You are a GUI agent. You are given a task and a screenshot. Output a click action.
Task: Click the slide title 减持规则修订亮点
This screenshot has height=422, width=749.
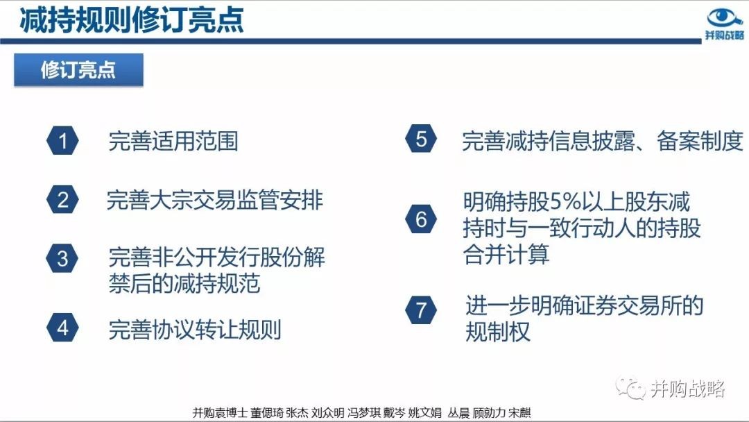pyautogui.click(x=132, y=20)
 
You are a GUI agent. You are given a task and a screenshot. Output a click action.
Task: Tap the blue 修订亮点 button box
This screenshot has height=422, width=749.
pyautogui.click(x=78, y=70)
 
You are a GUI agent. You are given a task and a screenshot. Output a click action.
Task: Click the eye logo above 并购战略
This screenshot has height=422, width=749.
pyautogui.click(x=725, y=17)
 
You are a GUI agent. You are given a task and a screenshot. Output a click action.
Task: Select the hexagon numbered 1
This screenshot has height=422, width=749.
pyautogui.click(x=62, y=140)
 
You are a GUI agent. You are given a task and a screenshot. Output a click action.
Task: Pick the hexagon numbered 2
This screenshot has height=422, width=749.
pyautogui.click(x=62, y=199)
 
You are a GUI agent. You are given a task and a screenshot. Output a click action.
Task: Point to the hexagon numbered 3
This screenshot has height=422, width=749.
pyautogui.click(x=62, y=259)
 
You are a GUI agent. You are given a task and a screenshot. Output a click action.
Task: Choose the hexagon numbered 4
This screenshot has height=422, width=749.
pyautogui.click(x=62, y=328)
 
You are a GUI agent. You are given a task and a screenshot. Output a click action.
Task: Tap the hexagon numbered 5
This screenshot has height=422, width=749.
pyautogui.click(x=421, y=139)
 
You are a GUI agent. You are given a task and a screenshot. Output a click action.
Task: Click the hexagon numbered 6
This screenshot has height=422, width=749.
pyautogui.click(x=421, y=219)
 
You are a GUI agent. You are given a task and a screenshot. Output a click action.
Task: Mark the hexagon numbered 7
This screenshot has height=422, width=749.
pyautogui.click(x=421, y=310)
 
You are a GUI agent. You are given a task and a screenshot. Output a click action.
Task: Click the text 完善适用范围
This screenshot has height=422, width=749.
pyautogui.click(x=173, y=141)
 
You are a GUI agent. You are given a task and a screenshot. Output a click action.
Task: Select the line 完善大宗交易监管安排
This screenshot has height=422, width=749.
pyautogui.click(x=215, y=200)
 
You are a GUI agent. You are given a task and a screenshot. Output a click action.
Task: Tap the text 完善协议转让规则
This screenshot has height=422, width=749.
pyautogui.click(x=195, y=329)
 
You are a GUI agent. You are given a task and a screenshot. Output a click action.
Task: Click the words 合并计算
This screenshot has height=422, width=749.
pyautogui.click(x=506, y=254)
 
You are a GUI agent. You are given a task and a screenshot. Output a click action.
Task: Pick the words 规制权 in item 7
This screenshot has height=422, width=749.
pyautogui.click(x=498, y=331)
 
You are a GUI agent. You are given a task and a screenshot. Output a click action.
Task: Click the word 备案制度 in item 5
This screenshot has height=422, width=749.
pyautogui.click(x=700, y=141)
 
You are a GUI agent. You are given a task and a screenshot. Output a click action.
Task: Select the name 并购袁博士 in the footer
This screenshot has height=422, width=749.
pyautogui.click(x=220, y=412)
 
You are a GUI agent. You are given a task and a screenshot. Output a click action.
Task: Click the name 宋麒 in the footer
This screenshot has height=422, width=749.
pyautogui.click(x=519, y=412)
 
